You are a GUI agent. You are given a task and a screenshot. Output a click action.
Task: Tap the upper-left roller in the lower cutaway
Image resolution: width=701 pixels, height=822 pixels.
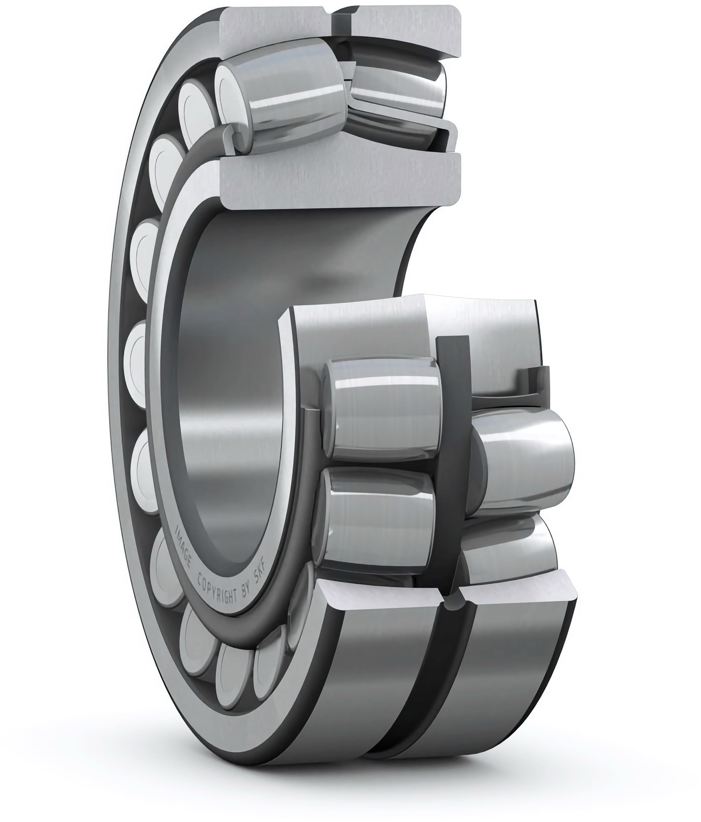(382, 409)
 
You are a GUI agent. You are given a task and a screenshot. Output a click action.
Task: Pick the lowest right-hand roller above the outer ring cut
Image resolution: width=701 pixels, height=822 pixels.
(510, 551)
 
